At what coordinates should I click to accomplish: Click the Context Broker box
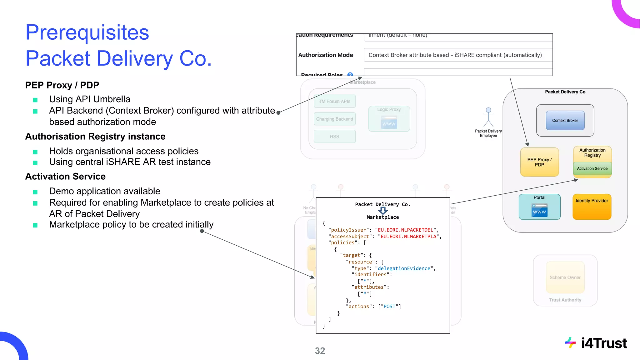pos(565,120)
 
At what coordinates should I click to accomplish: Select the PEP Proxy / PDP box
pos(539,162)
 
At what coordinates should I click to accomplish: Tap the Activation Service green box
pos(592,168)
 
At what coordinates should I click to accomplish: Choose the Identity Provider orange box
pos(592,207)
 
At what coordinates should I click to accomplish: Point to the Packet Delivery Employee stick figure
pos(488,117)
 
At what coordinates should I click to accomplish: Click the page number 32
pos(320,351)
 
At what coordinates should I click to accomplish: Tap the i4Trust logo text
pos(604,343)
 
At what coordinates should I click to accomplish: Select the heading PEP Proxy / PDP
pos(62,85)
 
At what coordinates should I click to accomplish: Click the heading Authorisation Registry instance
pos(95,136)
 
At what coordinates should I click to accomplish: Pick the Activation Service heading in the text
pos(65,176)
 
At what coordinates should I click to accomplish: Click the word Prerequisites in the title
pos(87,32)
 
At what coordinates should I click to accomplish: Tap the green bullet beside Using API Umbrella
pos(35,100)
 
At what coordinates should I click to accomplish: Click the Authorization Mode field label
pos(326,55)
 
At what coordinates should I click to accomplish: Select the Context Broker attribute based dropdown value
pos(455,55)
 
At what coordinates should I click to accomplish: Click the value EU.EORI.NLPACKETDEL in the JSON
pos(405,230)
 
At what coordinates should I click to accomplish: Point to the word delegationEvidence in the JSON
pos(404,268)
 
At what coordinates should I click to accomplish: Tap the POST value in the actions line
pos(389,307)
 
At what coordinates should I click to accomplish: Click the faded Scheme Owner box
pos(565,277)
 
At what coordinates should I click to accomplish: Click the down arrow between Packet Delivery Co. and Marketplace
pos(383,211)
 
